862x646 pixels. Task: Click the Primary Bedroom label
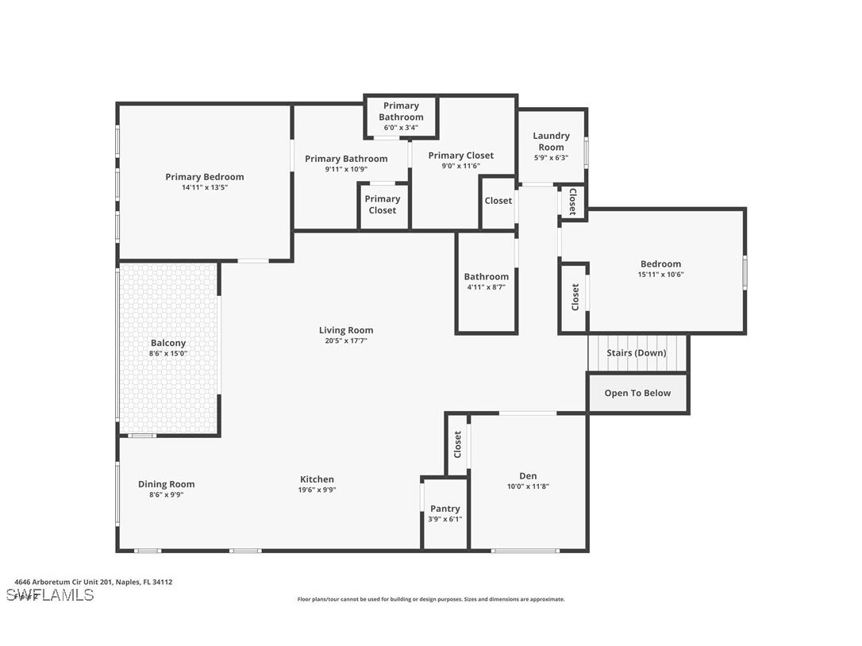(x=204, y=177)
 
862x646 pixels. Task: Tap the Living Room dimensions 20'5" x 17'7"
(x=345, y=340)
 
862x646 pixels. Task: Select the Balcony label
(x=168, y=343)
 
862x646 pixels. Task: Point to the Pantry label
(x=444, y=509)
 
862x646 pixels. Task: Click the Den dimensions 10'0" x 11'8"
(x=528, y=486)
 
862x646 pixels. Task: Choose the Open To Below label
(x=637, y=393)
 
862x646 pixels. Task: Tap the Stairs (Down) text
(x=637, y=352)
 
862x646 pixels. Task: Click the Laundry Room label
(x=551, y=141)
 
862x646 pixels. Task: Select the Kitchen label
(x=317, y=479)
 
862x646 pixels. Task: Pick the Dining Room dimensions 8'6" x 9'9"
(x=166, y=494)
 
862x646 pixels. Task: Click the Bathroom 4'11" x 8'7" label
(x=486, y=277)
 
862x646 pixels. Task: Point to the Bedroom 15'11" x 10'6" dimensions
(x=660, y=275)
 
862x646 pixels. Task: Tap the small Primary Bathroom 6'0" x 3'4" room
(x=401, y=116)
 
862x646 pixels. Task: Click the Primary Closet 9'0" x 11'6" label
(x=460, y=156)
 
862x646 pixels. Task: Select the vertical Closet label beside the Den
(x=457, y=444)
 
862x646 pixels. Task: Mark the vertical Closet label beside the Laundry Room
(x=572, y=202)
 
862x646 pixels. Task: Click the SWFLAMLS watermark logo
(x=49, y=595)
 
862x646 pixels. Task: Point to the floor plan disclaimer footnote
(x=431, y=599)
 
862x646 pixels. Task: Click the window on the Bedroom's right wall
(x=745, y=271)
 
